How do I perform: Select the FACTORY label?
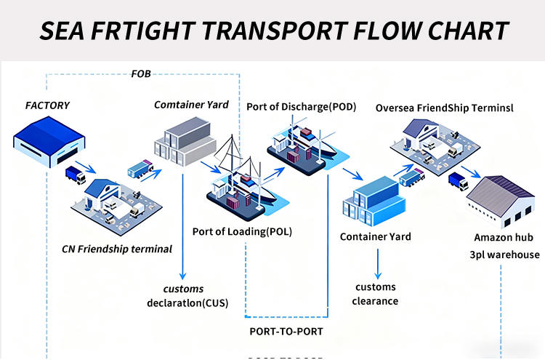tap(47, 105)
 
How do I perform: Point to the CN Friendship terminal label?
tap(117, 249)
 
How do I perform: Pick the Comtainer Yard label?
tap(191, 105)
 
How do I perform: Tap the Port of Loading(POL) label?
tap(242, 232)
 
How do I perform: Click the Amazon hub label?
tap(504, 237)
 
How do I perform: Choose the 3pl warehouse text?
tap(504, 255)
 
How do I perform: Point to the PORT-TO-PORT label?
tap(286, 332)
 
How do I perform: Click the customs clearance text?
tap(375, 294)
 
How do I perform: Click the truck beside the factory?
tap(76, 175)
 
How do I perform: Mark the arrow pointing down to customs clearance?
tap(376, 263)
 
